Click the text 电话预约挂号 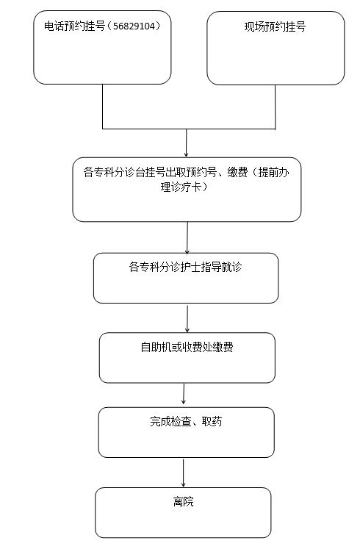(74, 26)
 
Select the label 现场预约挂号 (275, 26)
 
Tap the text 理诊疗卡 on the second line (181, 187)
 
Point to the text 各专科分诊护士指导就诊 (185, 267)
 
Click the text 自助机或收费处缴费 (187, 347)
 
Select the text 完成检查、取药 (186, 421)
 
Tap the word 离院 (184, 501)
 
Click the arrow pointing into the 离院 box (183, 473)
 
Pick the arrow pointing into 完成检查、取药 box (184, 393)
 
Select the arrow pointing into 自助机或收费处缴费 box (187, 319)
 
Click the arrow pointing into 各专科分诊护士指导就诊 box (187, 238)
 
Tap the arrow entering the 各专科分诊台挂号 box (186, 143)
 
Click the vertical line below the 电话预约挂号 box (103, 107)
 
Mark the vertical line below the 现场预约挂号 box (276, 107)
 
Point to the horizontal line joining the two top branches (189, 129)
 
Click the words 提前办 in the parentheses (273, 172)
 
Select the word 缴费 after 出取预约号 (237, 172)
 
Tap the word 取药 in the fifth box (212, 421)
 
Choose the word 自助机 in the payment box (156, 347)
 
